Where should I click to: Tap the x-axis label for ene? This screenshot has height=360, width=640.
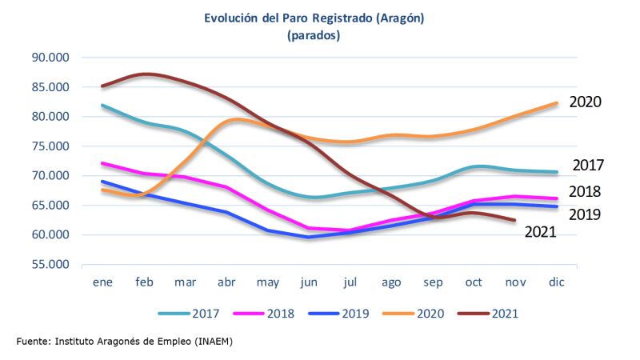(102, 283)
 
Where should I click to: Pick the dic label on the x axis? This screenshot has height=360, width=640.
(556, 283)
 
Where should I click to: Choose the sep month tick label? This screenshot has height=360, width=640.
(433, 283)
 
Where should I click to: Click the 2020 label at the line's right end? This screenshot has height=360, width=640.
(585, 102)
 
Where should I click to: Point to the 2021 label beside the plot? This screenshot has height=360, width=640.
(540, 232)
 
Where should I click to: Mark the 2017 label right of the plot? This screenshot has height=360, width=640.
(588, 166)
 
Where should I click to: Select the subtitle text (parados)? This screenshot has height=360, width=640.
(314, 35)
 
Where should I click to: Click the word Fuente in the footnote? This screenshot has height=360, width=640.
(32, 342)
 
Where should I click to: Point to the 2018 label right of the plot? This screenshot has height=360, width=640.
(585, 192)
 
